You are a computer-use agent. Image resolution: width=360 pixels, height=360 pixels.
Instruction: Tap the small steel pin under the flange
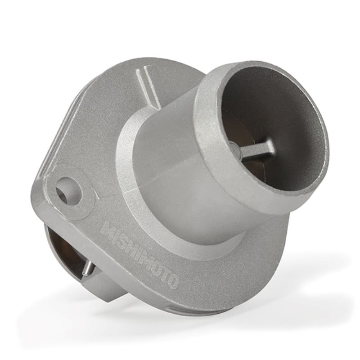88,268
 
